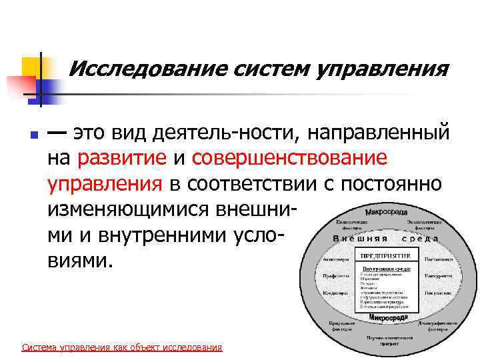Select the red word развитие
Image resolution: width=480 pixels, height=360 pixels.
(122, 158)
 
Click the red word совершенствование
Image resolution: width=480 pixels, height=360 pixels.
(289, 158)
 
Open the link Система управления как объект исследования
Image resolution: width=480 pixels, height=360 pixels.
(122, 347)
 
